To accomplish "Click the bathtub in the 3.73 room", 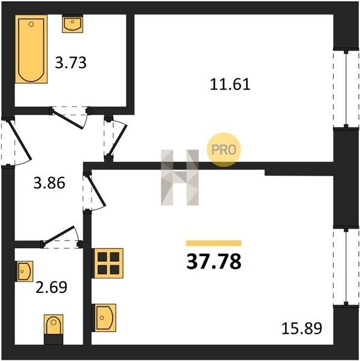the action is click(x=31, y=49).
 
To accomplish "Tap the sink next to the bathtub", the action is click(x=73, y=23).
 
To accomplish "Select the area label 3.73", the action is click(x=70, y=63).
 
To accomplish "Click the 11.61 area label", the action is click(x=230, y=84).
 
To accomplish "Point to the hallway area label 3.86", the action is click(x=49, y=184).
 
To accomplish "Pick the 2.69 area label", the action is click(x=51, y=287).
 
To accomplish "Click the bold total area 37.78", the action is click(x=214, y=262).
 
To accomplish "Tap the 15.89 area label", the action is click(x=302, y=329).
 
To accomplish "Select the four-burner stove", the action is click(x=108, y=263).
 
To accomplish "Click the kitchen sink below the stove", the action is click(x=104, y=318).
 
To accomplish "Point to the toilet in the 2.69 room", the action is click(x=54, y=329).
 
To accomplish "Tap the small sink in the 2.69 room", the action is click(x=24, y=271).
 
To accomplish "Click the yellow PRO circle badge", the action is click(x=224, y=150).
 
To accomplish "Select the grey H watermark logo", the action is click(x=180, y=177).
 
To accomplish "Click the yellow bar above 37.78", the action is click(x=214, y=243).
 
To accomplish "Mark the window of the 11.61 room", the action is click(x=346, y=88).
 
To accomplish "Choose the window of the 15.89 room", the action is click(x=346, y=267).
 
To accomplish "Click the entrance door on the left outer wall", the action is click(x=19, y=140).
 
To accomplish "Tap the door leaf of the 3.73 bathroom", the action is click(x=67, y=119).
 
